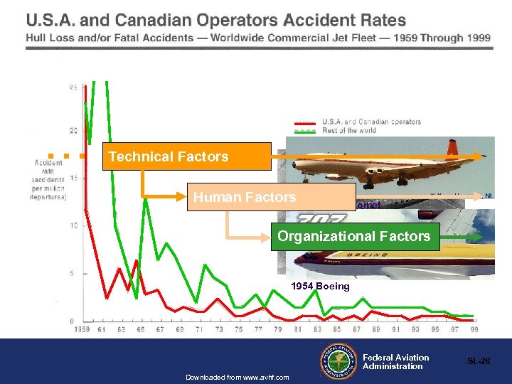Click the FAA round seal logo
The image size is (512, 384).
click(x=340, y=361)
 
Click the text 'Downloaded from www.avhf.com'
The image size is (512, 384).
click(x=237, y=377)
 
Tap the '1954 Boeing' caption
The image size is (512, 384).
click(x=320, y=287)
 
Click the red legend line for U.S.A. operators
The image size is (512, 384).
click(x=304, y=122)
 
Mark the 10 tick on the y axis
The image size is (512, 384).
click(x=73, y=226)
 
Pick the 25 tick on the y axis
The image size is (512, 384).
click(x=73, y=88)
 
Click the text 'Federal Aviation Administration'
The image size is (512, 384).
click(x=395, y=362)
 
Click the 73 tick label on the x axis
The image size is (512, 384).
click(x=220, y=329)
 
